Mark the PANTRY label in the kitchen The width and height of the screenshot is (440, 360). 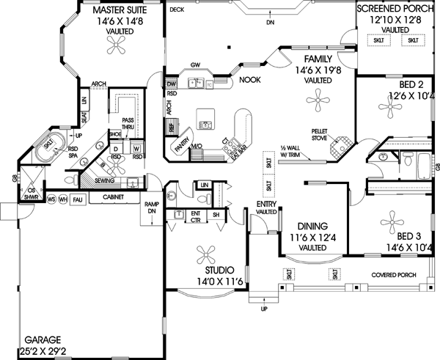(180, 147)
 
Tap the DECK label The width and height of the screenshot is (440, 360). (176, 10)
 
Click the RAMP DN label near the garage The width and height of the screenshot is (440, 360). (152, 208)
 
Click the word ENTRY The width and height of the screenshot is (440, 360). (264, 204)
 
